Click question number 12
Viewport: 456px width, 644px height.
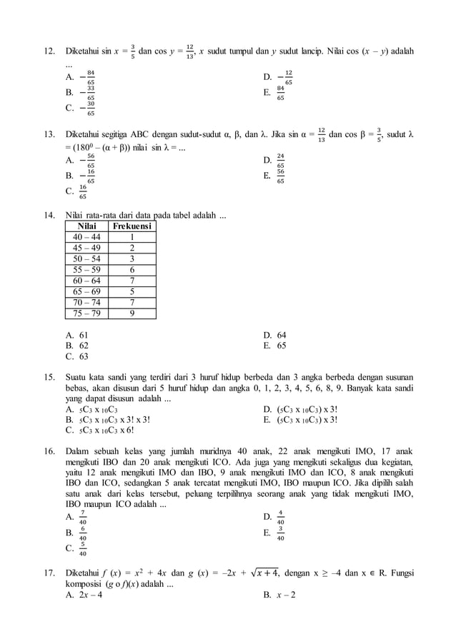tap(49, 51)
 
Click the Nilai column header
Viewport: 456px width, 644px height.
tap(86, 226)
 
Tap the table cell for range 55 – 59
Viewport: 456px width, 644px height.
tap(86, 271)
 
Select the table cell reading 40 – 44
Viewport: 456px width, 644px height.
tap(86, 238)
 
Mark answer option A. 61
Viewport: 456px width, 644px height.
tap(77, 335)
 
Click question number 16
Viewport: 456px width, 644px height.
tap(49, 451)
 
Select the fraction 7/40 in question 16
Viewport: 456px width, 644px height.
tap(83, 517)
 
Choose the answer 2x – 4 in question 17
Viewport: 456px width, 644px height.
tap(84, 595)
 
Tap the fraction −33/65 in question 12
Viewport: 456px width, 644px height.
tap(87, 93)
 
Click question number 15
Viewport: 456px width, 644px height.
tap(49, 376)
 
